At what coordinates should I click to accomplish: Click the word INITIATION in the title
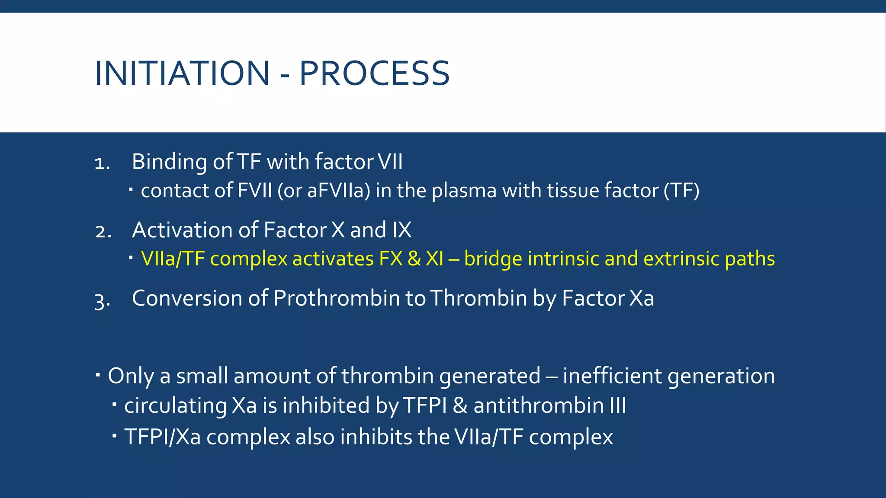click(x=182, y=73)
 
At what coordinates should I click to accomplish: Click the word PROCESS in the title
click(x=374, y=73)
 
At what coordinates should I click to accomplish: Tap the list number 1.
click(x=102, y=163)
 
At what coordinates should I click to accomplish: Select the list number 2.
click(x=103, y=232)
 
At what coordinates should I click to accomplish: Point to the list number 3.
click(x=102, y=300)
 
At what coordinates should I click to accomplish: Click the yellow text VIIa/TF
click(x=173, y=259)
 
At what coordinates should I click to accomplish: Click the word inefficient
click(x=612, y=375)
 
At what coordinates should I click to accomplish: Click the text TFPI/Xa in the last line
click(x=163, y=437)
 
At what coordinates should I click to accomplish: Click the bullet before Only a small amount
click(x=98, y=373)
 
